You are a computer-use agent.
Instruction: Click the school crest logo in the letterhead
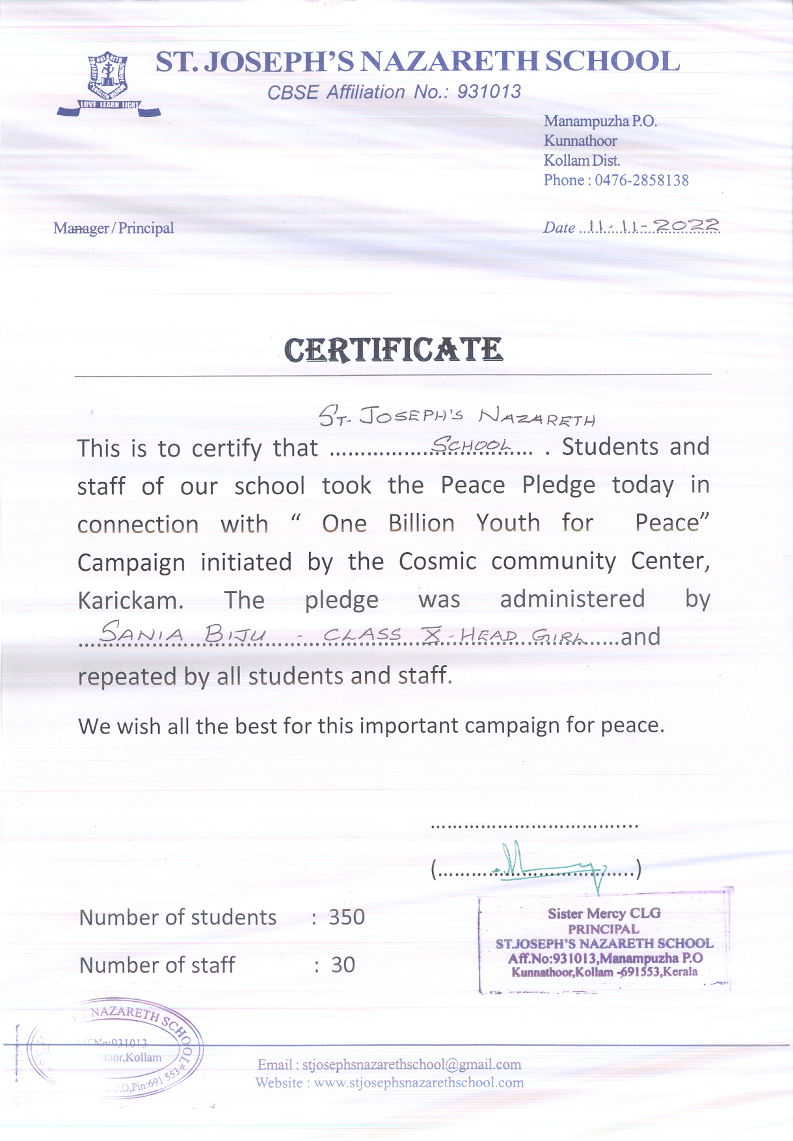tap(109, 83)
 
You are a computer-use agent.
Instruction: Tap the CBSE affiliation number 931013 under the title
tap(489, 92)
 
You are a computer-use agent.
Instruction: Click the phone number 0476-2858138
tap(641, 180)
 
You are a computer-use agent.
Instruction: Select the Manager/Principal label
tap(113, 228)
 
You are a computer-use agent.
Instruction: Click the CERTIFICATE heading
tap(394, 350)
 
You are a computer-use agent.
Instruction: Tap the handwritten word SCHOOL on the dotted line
tap(472, 445)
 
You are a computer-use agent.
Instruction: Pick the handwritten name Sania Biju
tap(182, 633)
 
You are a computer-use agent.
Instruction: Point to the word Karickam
tap(130, 600)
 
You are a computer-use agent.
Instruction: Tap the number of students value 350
tap(347, 917)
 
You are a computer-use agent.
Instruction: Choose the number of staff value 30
tap(343, 965)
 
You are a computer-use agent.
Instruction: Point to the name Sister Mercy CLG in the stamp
tap(604, 913)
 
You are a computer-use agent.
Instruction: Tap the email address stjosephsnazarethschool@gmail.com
tap(412, 1065)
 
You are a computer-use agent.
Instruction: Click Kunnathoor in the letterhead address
tap(580, 141)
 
